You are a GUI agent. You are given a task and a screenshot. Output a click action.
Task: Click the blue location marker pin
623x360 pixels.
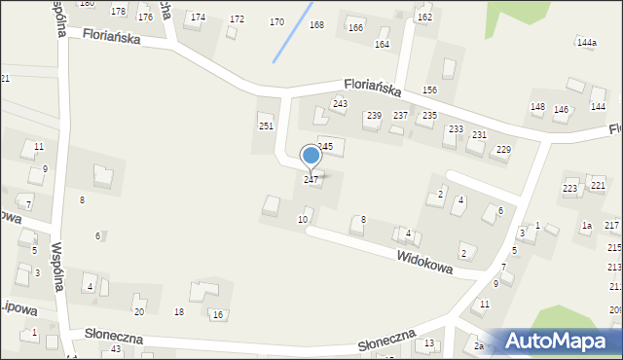311,156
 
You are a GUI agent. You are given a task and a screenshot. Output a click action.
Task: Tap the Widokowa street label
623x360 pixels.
424,262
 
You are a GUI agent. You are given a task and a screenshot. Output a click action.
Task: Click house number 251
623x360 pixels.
266,126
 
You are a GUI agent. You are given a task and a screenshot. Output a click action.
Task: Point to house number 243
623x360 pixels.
340,104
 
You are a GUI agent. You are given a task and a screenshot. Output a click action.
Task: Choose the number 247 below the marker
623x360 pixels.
311,180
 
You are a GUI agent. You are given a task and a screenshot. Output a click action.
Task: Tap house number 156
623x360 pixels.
429,90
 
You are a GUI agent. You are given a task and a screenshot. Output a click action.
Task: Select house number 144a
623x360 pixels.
586,43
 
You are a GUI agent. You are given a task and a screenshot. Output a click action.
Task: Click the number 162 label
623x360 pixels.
424,18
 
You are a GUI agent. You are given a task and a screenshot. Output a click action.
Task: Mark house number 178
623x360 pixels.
119,12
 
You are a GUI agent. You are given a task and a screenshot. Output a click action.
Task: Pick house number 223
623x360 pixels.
570,188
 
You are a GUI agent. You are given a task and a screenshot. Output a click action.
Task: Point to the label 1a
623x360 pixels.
586,226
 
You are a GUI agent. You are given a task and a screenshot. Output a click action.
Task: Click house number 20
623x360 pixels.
139,311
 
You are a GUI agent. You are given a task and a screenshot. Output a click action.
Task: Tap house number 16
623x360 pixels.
218,314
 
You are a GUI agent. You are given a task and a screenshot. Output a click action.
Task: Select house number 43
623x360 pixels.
116,348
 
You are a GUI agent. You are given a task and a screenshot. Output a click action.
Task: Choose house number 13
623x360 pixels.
429,344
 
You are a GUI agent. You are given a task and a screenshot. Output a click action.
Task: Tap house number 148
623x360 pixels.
537,107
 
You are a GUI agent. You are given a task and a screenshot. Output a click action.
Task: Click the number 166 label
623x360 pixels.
355,28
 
